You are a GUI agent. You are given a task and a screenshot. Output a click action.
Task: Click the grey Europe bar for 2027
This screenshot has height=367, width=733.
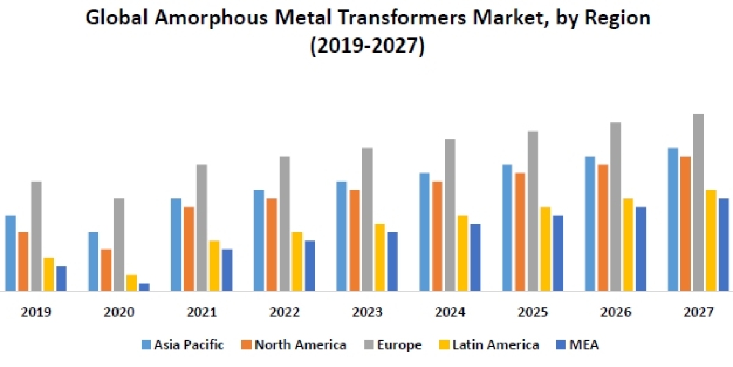tap(698, 202)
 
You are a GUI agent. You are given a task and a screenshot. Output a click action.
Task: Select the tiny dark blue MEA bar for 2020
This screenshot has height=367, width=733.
tap(144, 287)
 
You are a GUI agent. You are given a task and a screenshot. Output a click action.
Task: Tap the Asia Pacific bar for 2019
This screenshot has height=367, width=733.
tap(10, 253)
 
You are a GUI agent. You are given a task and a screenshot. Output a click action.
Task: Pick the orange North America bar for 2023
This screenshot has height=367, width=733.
tap(354, 240)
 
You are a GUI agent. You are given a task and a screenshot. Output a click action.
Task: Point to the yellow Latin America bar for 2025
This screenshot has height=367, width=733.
tap(545, 248)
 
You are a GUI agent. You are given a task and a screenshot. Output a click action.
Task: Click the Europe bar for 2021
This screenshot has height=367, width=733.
tap(202, 227)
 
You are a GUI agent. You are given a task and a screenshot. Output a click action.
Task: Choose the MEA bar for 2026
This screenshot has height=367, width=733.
tap(641, 248)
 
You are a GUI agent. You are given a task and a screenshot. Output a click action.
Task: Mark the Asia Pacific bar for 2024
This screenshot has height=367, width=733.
tap(425, 232)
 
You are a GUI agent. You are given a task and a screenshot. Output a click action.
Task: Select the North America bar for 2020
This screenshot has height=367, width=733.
tap(106, 270)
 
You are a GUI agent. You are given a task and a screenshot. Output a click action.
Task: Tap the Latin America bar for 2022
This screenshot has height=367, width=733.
tap(297, 261)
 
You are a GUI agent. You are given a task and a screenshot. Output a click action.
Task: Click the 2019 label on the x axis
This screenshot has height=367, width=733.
tap(36, 313)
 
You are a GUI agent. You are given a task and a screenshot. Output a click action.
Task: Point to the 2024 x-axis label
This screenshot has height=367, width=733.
tap(450, 313)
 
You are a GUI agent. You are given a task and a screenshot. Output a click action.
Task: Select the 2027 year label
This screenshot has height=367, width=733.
tap(698, 313)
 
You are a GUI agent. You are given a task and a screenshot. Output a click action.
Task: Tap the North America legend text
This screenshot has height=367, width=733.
tap(301, 345)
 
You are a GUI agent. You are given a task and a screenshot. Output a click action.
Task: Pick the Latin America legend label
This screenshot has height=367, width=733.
tap(495, 345)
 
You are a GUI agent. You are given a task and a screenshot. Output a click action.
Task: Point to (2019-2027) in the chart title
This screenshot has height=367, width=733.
tap(366, 46)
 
